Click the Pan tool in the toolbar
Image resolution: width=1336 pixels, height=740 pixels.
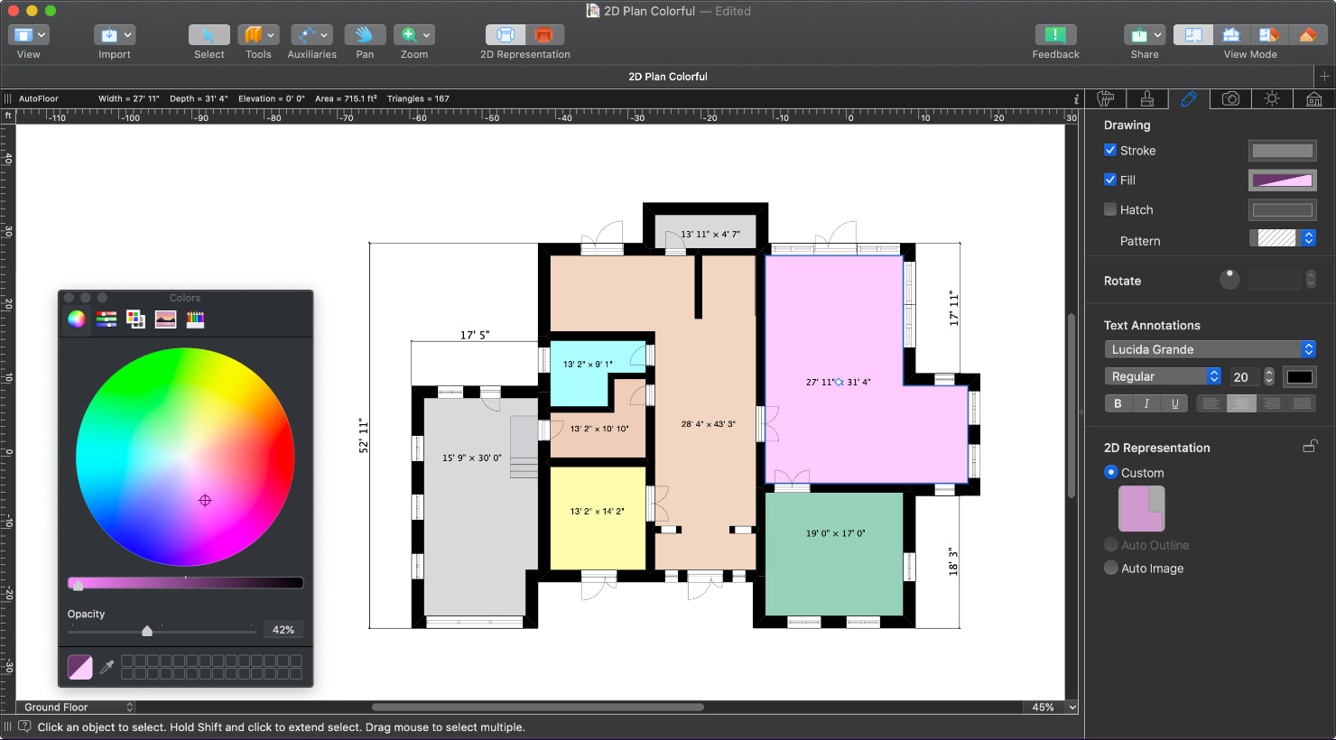365,35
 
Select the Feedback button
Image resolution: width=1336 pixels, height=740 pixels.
1054,35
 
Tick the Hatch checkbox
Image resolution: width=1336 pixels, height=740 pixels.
1110,209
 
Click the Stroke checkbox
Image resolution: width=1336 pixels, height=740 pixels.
1110,150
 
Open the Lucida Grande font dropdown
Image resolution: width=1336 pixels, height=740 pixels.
1209,349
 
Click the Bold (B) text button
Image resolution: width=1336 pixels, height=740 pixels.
1118,403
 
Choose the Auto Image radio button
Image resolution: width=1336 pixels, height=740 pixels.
1111,568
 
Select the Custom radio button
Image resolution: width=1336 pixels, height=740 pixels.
1111,472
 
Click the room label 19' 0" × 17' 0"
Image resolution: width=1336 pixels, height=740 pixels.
835,533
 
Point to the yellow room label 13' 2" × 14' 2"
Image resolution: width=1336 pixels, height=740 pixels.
597,512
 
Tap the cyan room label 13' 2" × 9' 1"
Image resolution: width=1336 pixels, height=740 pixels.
588,365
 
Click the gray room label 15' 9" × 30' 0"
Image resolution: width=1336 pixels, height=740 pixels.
471,458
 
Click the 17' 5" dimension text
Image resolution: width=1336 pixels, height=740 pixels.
475,335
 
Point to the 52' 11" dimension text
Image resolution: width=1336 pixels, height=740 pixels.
364,435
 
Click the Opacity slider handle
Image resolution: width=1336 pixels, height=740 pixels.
147,631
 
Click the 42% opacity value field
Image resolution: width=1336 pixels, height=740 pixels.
283,630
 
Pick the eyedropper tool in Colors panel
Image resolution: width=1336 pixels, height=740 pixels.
107,667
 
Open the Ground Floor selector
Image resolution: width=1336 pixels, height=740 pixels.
79,708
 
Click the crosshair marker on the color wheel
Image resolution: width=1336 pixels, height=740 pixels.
205,500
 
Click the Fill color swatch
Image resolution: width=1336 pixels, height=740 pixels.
1282,180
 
